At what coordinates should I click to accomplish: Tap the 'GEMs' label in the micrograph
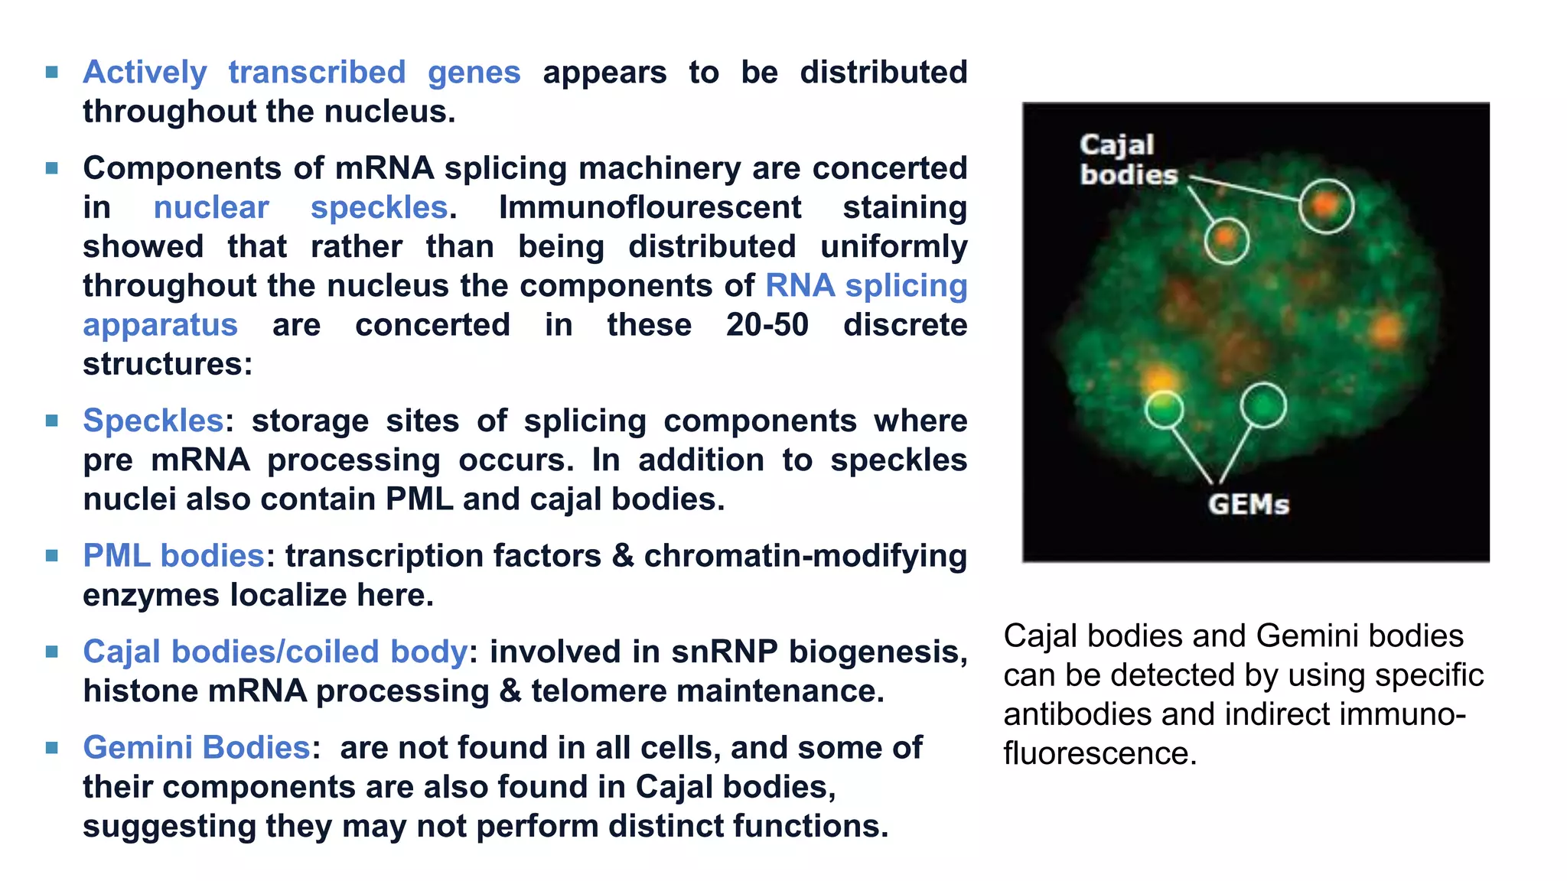click(x=1249, y=505)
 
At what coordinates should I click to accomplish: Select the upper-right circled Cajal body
click(x=1326, y=205)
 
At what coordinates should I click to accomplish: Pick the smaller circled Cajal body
click(x=1226, y=240)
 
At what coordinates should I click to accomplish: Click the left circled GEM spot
click(x=1164, y=409)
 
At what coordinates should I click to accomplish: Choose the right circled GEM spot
click(x=1262, y=405)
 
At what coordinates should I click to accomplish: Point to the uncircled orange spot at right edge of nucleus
click(x=1386, y=330)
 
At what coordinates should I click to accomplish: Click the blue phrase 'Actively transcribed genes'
click(x=301, y=73)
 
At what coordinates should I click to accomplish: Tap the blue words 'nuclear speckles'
click(x=300, y=207)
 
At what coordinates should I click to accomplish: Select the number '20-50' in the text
click(x=767, y=325)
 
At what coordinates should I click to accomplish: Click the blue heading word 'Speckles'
click(x=153, y=421)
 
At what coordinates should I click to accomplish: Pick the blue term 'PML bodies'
click(x=173, y=556)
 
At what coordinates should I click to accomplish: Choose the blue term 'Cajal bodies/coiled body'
click(x=275, y=652)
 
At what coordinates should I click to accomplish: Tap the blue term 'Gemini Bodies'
click(x=196, y=748)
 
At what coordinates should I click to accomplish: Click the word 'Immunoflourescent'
click(x=650, y=207)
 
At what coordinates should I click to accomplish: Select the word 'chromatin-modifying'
click(x=805, y=556)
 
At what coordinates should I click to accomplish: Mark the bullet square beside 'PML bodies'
click(x=52, y=556)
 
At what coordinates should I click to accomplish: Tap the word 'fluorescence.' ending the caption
click(x=1100, y=754)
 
